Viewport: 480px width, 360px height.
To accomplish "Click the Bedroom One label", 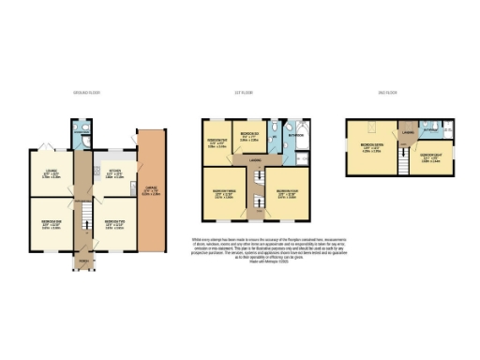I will [x=52, y=225].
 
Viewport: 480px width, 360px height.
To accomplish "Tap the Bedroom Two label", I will [x=114, y=225].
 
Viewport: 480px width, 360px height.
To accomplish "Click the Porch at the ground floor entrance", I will [x=84, y=261].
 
